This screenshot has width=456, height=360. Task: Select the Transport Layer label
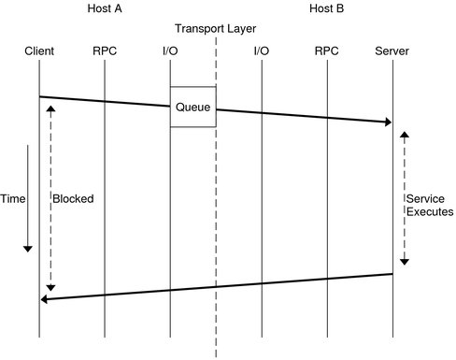[216, 28]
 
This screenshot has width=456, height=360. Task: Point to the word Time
[12, 199]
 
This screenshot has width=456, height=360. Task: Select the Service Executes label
[429, 206]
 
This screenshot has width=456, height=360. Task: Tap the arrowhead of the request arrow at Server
[387, 122]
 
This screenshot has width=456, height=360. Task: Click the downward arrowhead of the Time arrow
[28, 249]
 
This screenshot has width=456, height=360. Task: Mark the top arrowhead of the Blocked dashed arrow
[50, 108]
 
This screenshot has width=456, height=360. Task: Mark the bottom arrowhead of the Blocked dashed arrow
[50, 286]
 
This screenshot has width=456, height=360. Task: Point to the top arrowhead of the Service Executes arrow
[405, 135]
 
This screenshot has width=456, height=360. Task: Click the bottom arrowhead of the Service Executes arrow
[405, 264]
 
